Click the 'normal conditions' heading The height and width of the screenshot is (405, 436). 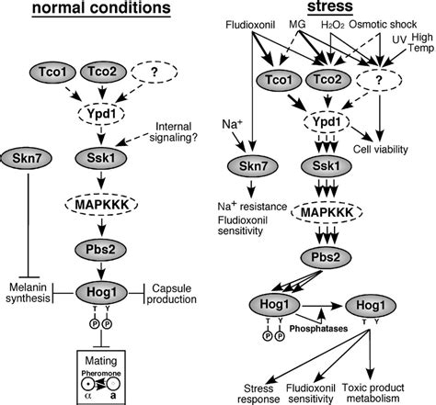coord(101,8)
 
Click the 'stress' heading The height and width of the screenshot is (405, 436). coord(330,6)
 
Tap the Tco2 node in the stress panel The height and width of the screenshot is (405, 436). coord(328,80)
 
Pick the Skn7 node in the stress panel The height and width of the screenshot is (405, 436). coord(253,166)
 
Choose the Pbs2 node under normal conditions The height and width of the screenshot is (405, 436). coord(100,250)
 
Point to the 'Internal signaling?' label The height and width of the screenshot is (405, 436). coord(173,132)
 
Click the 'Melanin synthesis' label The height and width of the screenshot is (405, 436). coord(28,293)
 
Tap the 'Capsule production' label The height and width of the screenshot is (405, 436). coord(172,294)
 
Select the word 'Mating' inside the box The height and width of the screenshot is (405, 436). coord(101,360)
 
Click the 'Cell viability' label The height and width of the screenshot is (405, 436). coord(381,150)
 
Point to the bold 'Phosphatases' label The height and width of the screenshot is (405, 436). coord(319,329)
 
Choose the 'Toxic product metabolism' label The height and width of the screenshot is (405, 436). coord(373,393)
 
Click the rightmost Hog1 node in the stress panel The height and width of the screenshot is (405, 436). coord(371,305)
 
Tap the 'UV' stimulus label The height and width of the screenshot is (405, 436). coord(399,39)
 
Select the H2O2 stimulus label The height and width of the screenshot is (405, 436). coord(333,25)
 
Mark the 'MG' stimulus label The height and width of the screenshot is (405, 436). coord(297,24)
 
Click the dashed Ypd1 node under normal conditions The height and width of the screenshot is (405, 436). coord(101,114)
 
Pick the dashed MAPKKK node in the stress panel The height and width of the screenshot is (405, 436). coord(327,212)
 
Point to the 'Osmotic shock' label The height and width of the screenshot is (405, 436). coord(383,24)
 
